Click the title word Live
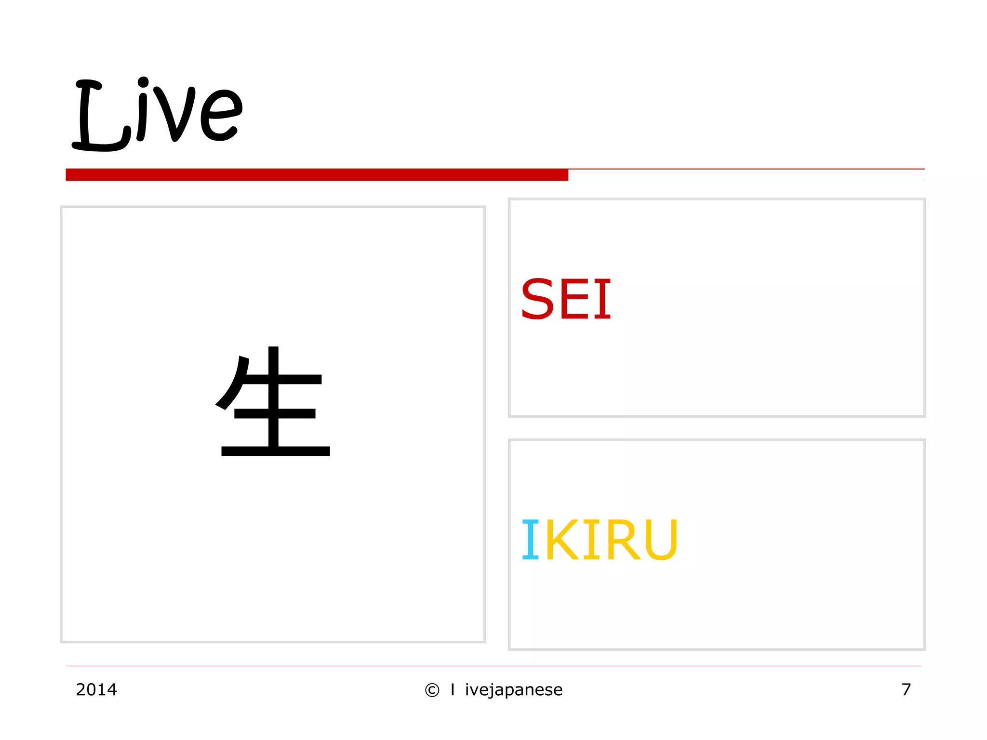158,114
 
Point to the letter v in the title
177,116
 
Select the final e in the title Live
221,116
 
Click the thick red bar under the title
317,174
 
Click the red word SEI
566,299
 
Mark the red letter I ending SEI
602,299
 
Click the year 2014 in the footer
96,689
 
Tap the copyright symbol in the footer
432,690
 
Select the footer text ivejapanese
514,690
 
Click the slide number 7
906,689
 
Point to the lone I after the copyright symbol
453,689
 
